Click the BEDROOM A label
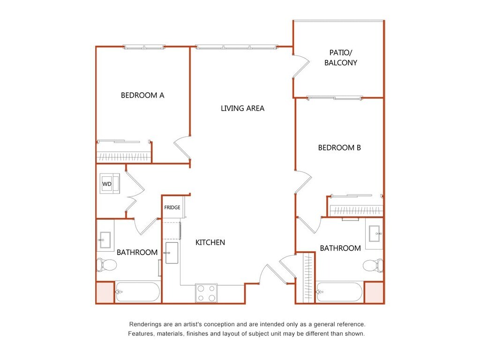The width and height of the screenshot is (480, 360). coord(142,96)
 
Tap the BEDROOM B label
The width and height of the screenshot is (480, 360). coord(339,148)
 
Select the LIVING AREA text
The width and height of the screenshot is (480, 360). coord(242,108)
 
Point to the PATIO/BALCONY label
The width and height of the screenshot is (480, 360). coord(341,58)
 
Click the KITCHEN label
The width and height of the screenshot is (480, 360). coord(210,242)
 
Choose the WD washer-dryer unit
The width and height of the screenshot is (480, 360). coord(110,184)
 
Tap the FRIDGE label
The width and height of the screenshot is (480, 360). coord(172,208)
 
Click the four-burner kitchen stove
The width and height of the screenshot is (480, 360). coord(206,293)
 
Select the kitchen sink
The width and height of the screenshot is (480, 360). coord(172,253)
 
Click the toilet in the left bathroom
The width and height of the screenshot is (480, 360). coord(106,265)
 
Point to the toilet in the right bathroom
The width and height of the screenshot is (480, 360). coord(373,265)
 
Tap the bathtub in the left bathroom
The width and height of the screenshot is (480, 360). coord(137,292)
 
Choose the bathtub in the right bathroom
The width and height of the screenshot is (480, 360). coord(339,292)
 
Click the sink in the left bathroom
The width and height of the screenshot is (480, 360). coord(105,240)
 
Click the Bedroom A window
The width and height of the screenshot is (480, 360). coord(144,47)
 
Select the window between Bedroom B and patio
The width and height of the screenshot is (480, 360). coord(335,98)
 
